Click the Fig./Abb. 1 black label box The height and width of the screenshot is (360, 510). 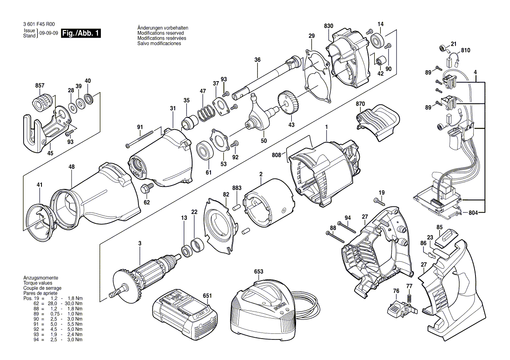tap(81, 33)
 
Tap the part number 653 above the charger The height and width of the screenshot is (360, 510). tap(258, 271)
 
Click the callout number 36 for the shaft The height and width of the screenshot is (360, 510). tap(257, 60)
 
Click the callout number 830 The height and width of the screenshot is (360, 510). tap(328, 26)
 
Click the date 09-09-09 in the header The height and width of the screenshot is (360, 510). tap(48, 33)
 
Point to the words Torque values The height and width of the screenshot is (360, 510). tap(37, 283)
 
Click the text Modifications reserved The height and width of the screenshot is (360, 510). tap(160, 33)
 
